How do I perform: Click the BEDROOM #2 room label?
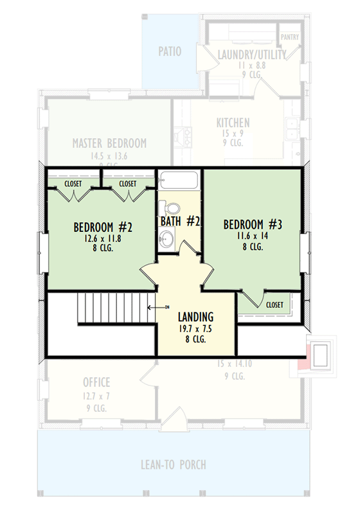(x=103, y=227)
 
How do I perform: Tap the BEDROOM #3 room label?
(x=253, y=224)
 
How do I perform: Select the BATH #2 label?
(x=181, y=222)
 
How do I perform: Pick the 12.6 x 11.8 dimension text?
(x=103, y=238)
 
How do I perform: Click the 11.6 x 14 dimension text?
(x=253, y=236)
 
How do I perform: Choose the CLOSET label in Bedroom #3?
(x=274, y=305)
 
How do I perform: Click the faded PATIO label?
(x=170, y=51)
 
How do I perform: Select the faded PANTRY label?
(x=289, y=37)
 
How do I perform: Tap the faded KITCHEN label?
(x=233, y=123)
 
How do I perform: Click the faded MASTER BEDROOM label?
(x=109, y=143)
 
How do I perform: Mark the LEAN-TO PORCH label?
(x=174, y=465)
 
